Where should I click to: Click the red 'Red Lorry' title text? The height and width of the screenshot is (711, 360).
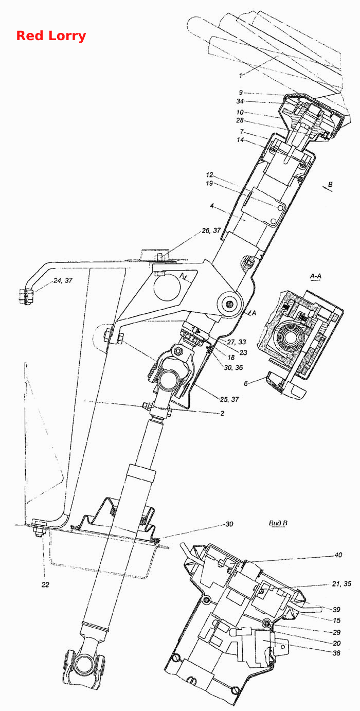click(51, 35)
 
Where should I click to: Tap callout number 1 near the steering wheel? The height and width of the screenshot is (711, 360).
click(241, 76)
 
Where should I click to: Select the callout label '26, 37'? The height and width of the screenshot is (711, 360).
click(211, 230)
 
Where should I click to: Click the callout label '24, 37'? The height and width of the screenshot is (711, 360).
click(63, 280)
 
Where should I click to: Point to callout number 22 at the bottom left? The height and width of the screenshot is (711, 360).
click(45, 584)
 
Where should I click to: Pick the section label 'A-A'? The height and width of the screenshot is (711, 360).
click(316, 276)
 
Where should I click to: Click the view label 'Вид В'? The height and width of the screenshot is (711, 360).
click(278, 523)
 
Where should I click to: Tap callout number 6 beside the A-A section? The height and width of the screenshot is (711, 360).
click(246, 383)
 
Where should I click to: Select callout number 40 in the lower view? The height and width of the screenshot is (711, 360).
click(338, 555)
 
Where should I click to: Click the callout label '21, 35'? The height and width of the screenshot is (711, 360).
click(341, 583)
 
